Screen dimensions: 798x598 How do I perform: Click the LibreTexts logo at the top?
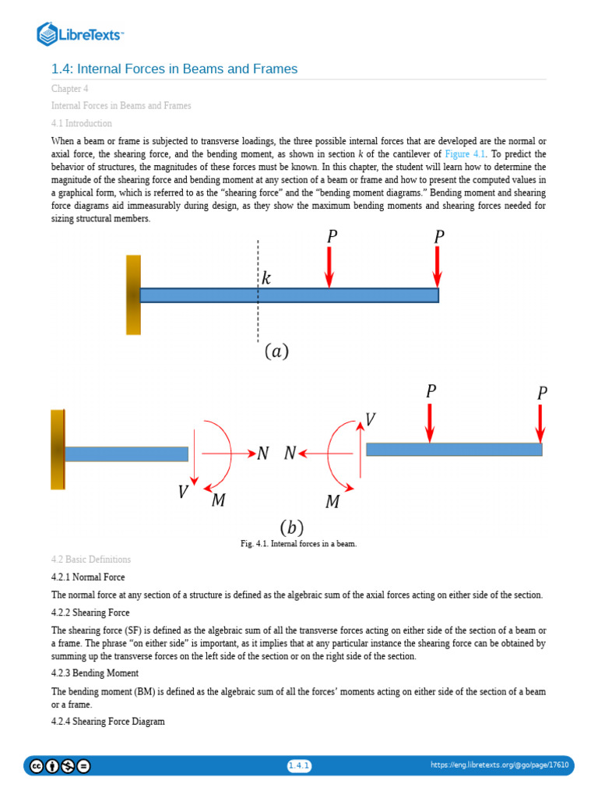click(81, 34)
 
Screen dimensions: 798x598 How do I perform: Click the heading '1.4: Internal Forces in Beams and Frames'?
click(174, 69)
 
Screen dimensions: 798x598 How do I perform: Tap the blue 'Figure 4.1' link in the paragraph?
click(465, 154)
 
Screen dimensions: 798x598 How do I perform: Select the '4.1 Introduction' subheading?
click(82, 123)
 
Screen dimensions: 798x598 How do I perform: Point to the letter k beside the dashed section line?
click(266, 278)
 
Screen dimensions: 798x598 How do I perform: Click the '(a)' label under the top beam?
click(276, 351)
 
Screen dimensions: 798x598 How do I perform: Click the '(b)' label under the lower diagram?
click(291, 528)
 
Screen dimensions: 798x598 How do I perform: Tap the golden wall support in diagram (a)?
click(133, 295)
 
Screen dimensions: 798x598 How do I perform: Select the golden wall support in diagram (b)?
click(58, 450)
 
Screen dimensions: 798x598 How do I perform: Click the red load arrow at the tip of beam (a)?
click(438, 267)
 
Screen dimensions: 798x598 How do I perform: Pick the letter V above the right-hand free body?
click(370, 419)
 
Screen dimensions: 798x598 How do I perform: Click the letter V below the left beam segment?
click(183, 492)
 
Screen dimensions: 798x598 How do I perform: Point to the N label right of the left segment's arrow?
click(263, 454)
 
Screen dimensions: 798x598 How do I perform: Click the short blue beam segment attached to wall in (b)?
click(126, 454)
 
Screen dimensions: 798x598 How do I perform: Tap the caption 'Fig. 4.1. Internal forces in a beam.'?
click(298, 544)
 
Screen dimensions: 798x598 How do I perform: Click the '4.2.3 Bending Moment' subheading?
click(95, 673)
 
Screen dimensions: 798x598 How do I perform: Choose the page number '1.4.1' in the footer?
click(299, 765)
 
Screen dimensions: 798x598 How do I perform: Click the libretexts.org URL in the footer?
click(499, 765)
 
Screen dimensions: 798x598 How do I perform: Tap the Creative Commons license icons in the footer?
click(60, 765)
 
